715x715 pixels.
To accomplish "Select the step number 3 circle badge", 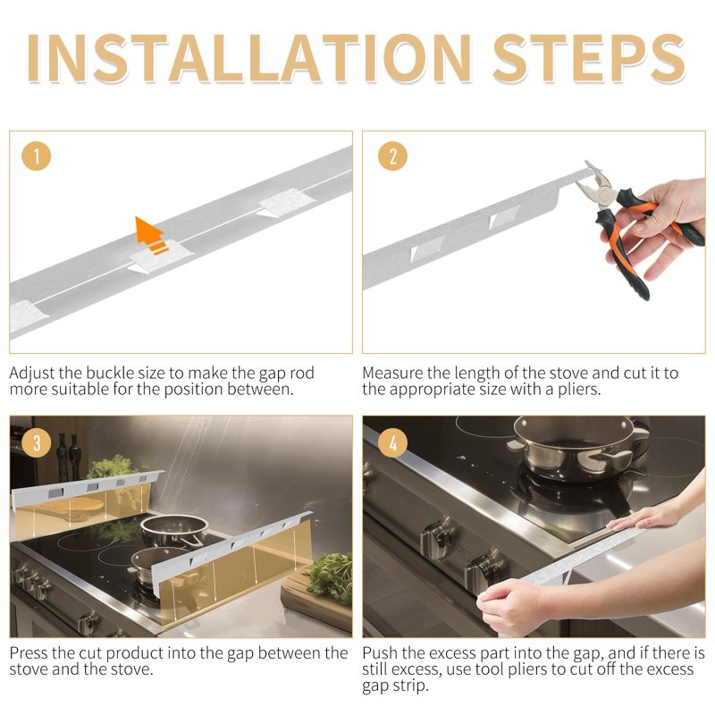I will click(37, 442).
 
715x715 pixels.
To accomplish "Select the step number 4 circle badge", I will click(391, 442).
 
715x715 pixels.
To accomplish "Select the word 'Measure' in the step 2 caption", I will click(394, 373).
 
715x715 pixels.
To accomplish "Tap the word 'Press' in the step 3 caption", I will click(31, 653).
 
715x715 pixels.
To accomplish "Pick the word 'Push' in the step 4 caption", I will click(381, 653).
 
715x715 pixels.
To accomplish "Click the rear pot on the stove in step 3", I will click(173, 530).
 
